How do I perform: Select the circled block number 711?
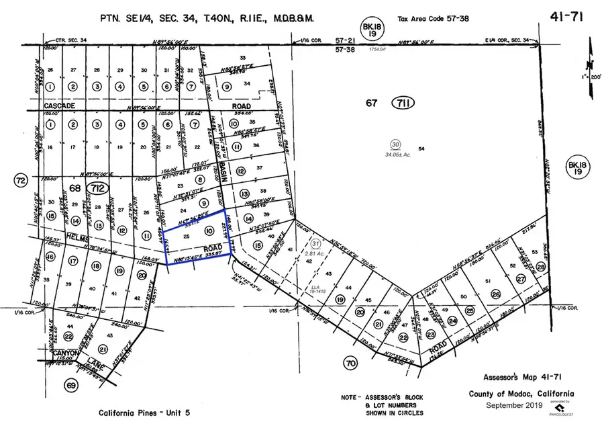click(x=405, y=103)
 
